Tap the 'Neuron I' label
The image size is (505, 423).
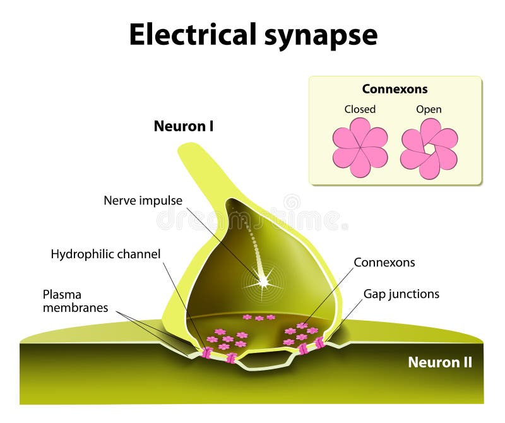click(184, 126)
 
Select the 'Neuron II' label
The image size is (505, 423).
click(439, 362)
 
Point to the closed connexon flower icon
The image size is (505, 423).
click(360, 147)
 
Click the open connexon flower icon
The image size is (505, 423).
click(429, 147)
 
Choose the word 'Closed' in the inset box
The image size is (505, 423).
click(360, 109)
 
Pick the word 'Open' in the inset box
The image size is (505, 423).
click(429, 109)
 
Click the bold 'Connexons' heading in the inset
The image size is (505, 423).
click(395, 89)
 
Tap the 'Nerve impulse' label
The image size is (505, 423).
click(143, 201)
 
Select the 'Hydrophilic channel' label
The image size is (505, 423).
click(105, 254)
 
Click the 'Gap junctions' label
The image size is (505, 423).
click(401, 294)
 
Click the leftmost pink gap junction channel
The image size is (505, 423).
click(206, 352)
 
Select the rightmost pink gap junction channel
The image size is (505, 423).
click(320, 343)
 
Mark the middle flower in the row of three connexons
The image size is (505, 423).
click(259, 318)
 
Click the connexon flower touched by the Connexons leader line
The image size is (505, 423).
click(302, 326)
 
